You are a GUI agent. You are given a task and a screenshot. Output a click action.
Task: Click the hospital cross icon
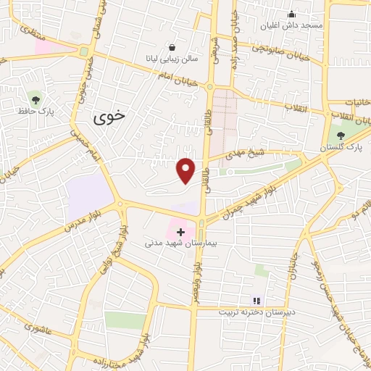coord(180,231)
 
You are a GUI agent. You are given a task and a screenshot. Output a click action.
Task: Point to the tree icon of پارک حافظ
coord(36,100)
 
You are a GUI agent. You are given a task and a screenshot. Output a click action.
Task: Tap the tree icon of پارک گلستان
coord(341,136)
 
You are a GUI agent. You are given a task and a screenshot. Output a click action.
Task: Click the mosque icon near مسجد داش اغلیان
coord(291,14)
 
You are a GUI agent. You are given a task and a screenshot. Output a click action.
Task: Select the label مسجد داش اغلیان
coord(292,25)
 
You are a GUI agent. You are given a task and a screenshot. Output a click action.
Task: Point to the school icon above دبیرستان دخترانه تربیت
coord(255,300)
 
